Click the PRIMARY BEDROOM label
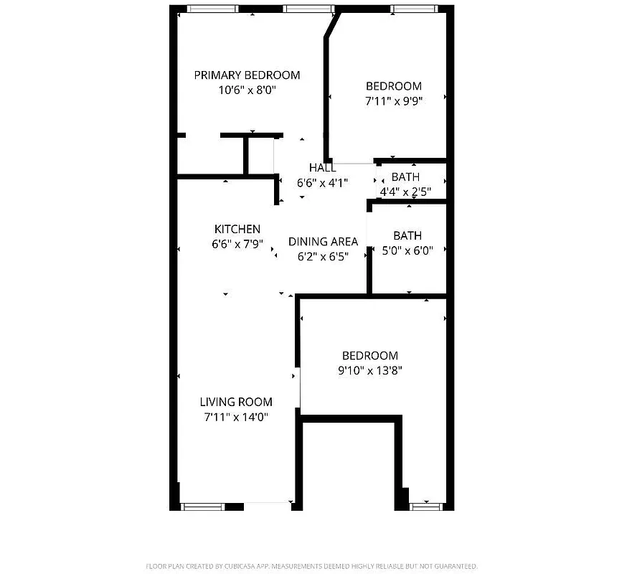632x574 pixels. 247,75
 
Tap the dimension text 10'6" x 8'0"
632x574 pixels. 247,90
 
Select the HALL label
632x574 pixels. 322,167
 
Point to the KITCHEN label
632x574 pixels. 237,229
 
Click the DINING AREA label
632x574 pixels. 323,241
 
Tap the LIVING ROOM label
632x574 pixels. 236,402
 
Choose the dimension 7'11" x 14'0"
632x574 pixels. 236,417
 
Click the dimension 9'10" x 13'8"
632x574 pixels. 369,371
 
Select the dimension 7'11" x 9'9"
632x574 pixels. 393,101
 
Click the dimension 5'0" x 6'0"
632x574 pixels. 407,250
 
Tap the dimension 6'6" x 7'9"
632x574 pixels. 237,244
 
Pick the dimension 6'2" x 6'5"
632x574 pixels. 323,256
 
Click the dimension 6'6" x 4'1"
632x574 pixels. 322,182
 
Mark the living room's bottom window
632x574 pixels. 203,506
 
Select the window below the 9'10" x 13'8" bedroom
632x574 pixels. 425,506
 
